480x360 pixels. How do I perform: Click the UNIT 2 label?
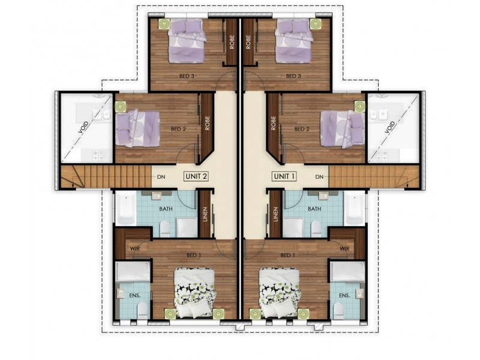coord(197,176)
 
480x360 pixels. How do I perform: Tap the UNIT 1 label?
coord(284,176)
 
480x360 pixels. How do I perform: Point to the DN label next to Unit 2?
coord(161,177)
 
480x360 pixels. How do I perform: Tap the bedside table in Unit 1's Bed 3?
coord(314,23)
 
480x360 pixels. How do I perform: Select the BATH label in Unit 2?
coord(166,209)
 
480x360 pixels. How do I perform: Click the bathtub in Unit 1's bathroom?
coord(355,207)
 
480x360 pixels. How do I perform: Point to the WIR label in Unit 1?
coord(344,248)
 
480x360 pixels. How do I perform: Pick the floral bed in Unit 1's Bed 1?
coord(279,290)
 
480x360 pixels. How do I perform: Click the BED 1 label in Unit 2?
coord(193,255)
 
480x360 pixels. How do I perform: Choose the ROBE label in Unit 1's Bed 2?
coord(274,122)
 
